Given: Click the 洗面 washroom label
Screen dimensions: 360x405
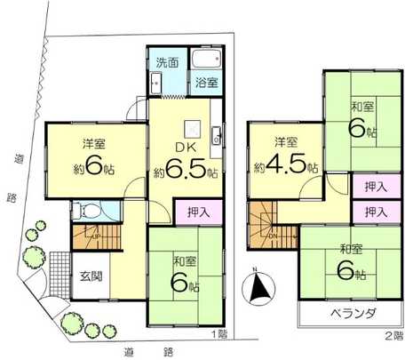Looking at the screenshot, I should [x=167, y=64].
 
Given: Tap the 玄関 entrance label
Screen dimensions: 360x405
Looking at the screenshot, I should [x=91, y=276].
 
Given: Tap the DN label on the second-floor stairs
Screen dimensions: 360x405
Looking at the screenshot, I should [x=272, y=234].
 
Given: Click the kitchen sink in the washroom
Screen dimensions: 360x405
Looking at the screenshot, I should [x=155, y=84].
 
